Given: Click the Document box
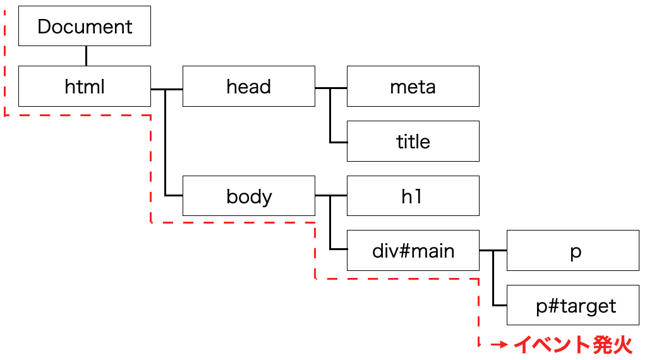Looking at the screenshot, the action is [85, 26].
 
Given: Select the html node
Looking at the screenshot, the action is [85, 86].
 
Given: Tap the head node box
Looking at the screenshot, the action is [249, 86].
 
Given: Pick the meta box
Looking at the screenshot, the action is [413, 86].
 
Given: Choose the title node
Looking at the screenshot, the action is [413, 141].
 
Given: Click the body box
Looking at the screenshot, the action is [249, 196].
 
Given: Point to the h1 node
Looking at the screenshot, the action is [413, 196].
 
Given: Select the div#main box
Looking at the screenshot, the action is [413, 250].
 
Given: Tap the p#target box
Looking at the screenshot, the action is [572, 305].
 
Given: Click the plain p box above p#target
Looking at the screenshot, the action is [572, 250].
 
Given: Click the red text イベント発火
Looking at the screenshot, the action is [572, 344].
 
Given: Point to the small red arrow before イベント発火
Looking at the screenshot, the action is [499, 344].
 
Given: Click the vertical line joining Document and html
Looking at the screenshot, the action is [86, 56].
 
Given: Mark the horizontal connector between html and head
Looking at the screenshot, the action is [167, 89].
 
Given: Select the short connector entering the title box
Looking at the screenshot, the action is [339, 143].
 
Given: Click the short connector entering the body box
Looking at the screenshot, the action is [174, 195].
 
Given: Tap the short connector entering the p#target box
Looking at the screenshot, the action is [500, 306].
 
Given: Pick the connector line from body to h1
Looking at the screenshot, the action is [331, 195].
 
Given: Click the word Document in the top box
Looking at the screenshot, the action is [85, 27].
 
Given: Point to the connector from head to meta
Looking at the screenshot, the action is [331, 88].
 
